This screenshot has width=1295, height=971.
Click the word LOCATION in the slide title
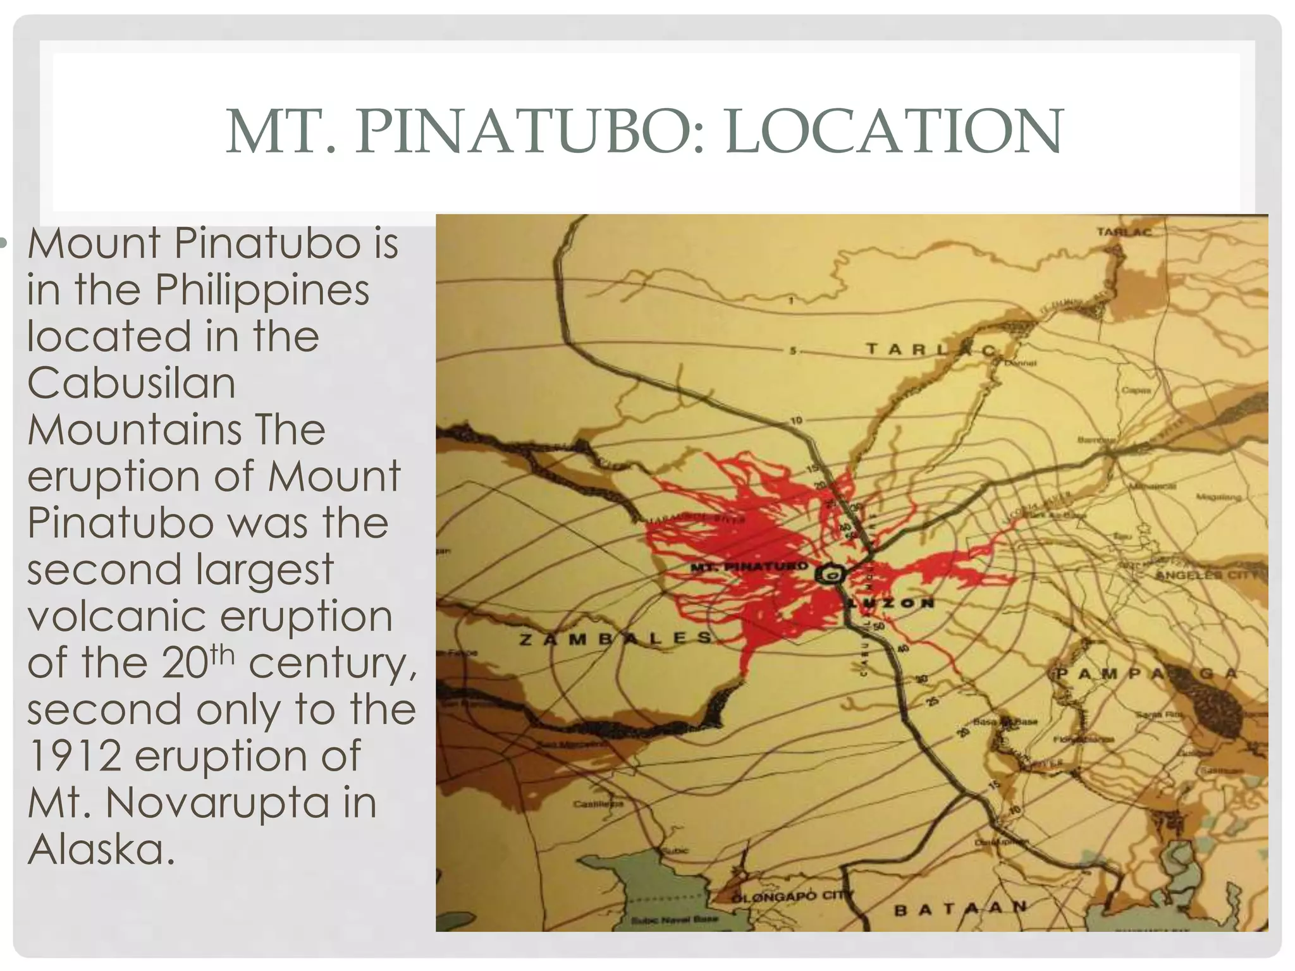(x=895, y=132)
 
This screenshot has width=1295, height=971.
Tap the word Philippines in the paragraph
(x=262, y=290)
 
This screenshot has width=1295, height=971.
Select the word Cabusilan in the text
(x=131, y=382)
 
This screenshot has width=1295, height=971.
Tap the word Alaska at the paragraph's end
(x=101, y=849)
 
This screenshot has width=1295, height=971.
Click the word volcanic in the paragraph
(x=114, y=616)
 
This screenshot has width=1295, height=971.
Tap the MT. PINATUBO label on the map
(x=749, y=566)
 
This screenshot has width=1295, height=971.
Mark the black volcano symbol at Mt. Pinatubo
(x=829, y=575)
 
